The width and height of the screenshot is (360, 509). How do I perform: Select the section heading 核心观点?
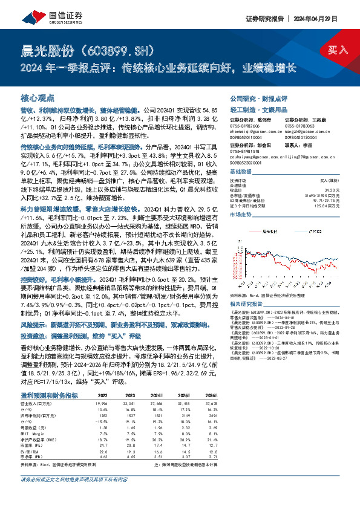click(38, 97)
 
